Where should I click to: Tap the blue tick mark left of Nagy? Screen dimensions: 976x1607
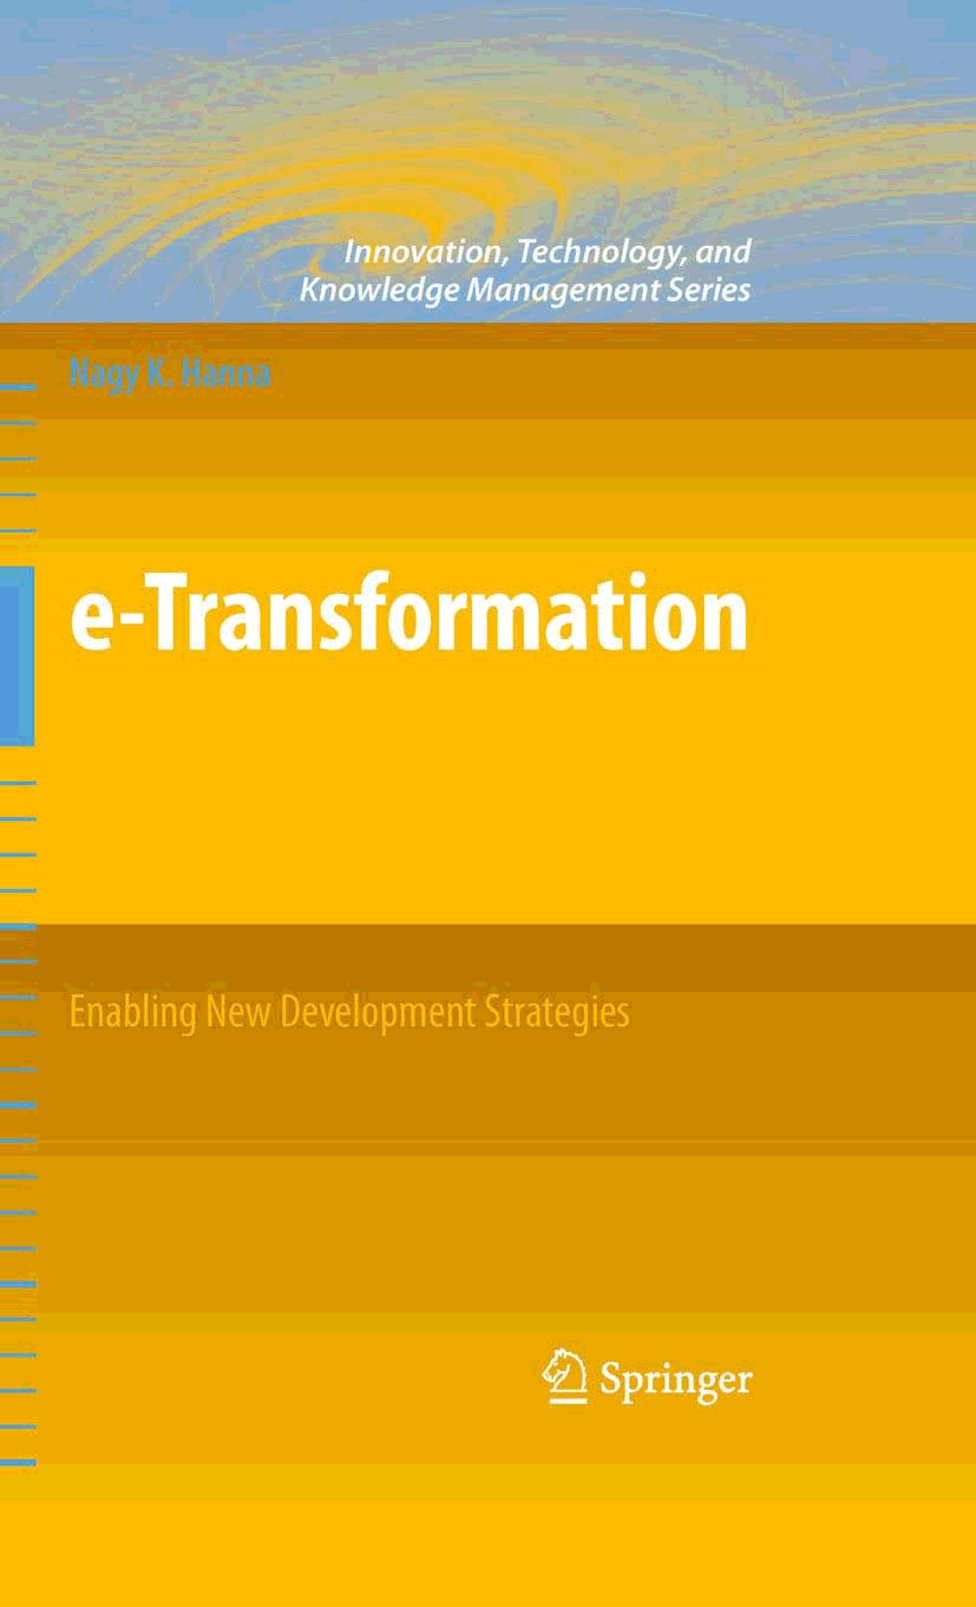[x=18, y=387]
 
